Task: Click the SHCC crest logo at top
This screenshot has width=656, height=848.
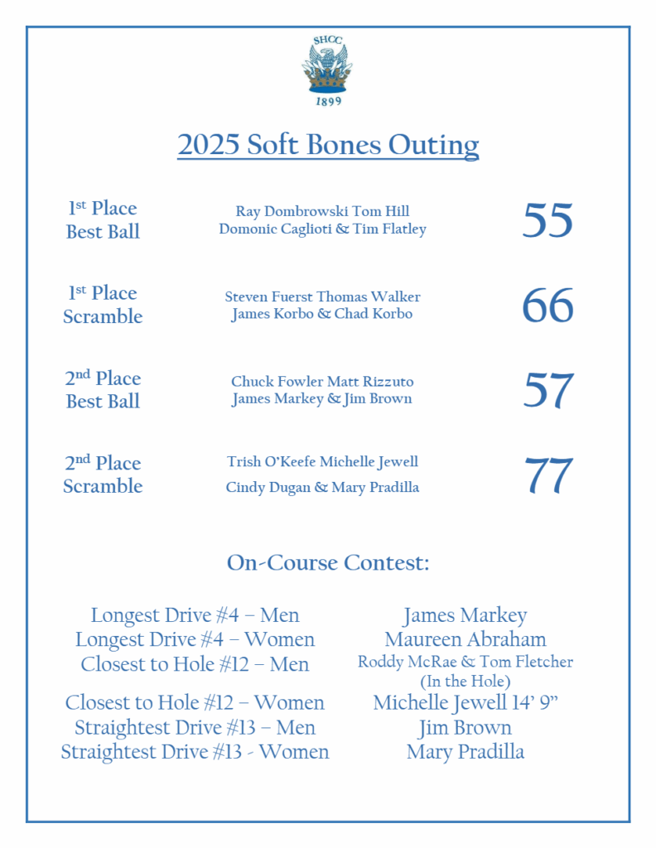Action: pos(327,68)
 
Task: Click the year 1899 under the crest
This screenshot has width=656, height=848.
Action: pos(328,101)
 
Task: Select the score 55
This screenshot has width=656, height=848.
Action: pos(547,220)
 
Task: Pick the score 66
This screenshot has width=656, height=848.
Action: pos(547,306)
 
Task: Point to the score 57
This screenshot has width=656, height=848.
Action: pos(547,390)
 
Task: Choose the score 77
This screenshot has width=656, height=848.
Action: pos(547,475)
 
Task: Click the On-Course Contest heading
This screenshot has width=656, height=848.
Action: pos(328,563)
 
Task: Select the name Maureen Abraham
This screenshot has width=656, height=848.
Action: pos(465,639)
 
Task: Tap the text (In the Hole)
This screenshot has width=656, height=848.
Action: pos(465,682)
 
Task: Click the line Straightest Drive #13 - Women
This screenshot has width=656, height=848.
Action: pos(195,752)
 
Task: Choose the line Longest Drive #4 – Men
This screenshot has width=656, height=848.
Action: pos(195,615)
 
